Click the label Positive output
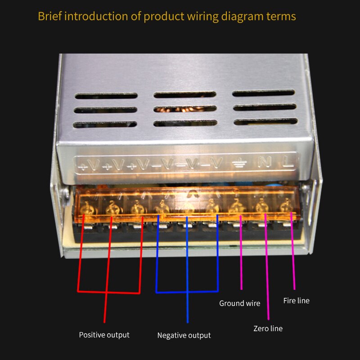(x=104, y=335)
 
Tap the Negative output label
(x=184, y=335)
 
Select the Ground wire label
(x=239, y=303)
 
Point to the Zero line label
(x=268, y=328)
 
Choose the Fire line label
(x=296, y=301)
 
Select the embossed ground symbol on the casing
(x=239, y=164)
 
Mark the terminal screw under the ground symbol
(x=236, y=208)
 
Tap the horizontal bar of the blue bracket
(x=187, y=292)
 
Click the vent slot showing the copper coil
(x=184, y=109)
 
